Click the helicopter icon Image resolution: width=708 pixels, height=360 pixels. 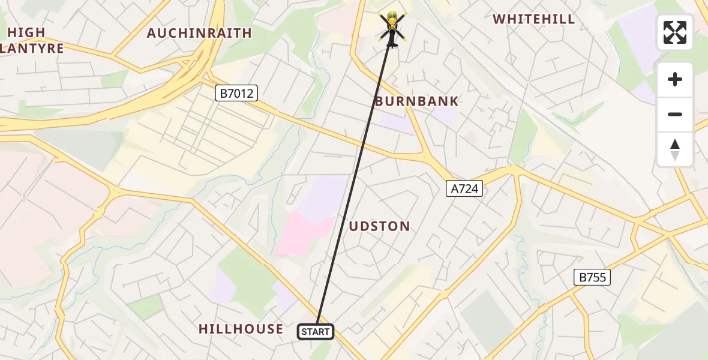coord(392,27)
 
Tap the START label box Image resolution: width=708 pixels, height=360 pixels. coord(316,332)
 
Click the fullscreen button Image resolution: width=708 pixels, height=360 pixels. coord(675,32)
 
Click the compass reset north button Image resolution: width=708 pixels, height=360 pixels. coord(675,149)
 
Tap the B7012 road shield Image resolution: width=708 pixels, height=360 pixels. coord(236,93)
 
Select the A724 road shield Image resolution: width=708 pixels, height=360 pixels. coord(464,189)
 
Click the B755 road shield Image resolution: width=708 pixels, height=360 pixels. coord(592,277)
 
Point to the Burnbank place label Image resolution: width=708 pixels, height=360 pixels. coord(416,101)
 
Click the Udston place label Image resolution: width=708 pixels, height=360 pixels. coord(380,226)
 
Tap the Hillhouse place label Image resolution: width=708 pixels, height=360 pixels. coord(241,329)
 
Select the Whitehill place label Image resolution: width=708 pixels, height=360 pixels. coord(533,19)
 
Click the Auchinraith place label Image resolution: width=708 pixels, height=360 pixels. coord(199,33)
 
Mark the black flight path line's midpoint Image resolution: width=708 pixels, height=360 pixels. coord(354,179)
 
